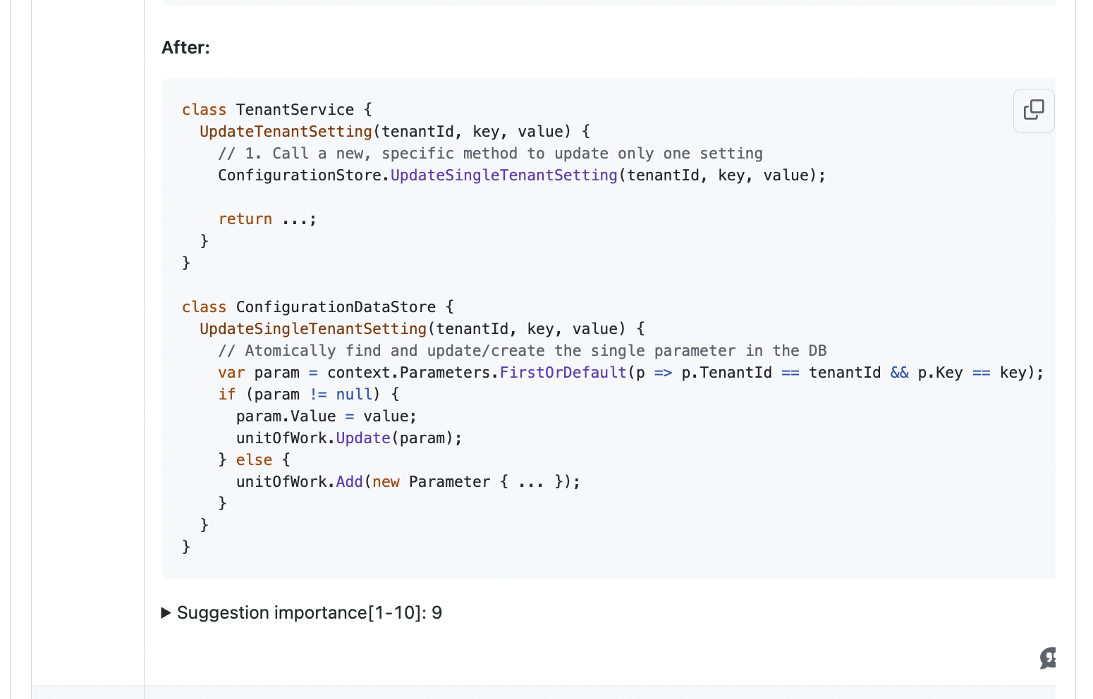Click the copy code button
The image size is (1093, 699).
[1033, 111]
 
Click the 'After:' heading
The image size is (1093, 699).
[185, 47]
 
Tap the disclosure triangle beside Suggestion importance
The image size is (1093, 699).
[166, 613]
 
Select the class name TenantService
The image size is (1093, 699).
[295, 110]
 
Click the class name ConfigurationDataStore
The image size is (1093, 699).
[336, 307]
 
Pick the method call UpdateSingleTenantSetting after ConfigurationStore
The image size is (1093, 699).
[503, 175]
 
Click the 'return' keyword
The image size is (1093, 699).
[245, 219]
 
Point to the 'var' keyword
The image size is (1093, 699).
[231, 373]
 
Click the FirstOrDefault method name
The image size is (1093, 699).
[563, 373]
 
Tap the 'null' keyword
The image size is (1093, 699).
[354, 395]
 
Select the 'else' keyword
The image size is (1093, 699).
[254, 460]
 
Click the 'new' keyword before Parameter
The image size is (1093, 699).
[386, 482]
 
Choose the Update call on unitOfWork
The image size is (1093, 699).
[362, 438]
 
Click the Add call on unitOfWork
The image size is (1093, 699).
[349, 482]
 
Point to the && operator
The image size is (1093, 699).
[899, 373]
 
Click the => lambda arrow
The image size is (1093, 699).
[663, 373]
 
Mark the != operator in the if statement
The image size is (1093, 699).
[318, 395]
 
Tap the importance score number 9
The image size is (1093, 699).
[437, 613]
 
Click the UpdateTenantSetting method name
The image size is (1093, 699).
[286, 132]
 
